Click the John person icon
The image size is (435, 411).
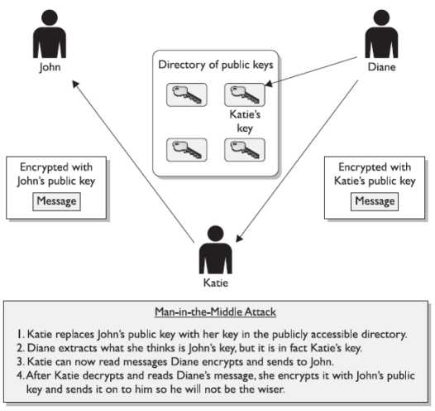click(50, 34)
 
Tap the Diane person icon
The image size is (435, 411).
click(381, 34)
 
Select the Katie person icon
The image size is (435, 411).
click(215, 249)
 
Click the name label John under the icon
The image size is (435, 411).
click(50, 67)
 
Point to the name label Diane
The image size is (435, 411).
click(381, 67)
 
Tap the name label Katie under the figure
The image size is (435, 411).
click(216, 283)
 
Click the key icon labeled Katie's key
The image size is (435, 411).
click(245, 94)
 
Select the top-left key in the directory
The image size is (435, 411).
click(187, 94)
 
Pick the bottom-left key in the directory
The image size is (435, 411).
click(187, 150)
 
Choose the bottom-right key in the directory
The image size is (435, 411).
click(245, 150)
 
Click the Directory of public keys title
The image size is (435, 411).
click(216, 65)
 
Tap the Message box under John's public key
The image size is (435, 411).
click(56, 201)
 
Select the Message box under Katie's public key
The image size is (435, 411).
click(375, 201)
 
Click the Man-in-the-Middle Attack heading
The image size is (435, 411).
click(215, 312)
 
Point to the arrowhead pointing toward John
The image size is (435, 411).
click(75, 84)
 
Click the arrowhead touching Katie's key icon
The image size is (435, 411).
click(269, 83)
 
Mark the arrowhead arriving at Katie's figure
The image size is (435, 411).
click(239, 238)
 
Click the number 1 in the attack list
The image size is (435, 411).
click(19, 334)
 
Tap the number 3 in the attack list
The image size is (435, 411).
click(20, 361)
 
